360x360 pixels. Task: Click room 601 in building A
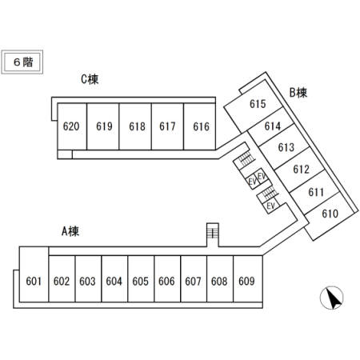click(x=34, y=274)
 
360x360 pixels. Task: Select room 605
click(x=141, y=279)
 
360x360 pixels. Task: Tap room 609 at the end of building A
click(x=248, y=279)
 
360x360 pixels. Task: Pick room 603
click(x=88, y=279)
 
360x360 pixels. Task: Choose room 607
click(x=194, y=279)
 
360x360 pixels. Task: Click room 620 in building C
click(x=72, y=126)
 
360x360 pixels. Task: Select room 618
click(x=135, y=126)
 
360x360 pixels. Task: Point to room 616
click(x=199, y=126)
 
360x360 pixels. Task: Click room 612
click(x=299, y=170)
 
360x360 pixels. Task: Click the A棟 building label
click(x=70, y=231)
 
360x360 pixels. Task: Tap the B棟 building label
click(x=298, y=93)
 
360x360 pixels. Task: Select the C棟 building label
click(x=90, y=79)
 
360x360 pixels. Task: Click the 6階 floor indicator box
click(x=22, y=62)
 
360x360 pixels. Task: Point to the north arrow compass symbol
click(x=332, y=298)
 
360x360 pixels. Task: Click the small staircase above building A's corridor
click(x=213, y=234)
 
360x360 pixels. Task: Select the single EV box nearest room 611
click(x=270, y=206)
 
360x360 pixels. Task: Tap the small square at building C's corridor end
click(x=65, y=154)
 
